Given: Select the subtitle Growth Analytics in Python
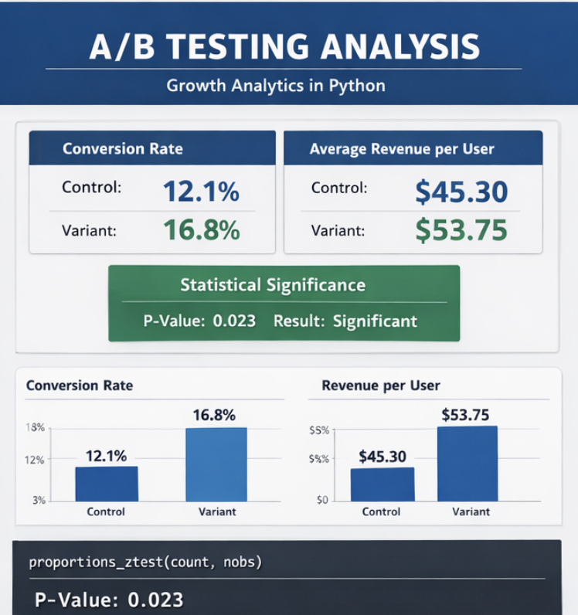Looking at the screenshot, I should click(x=276, y=85).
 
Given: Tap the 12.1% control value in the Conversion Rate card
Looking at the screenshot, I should click(x=201, y=191).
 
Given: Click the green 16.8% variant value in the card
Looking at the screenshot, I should click(x=201, y=230).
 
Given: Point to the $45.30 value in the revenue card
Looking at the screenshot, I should click(x=461, y=192).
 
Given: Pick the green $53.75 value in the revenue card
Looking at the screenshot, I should click(x=461, y=230).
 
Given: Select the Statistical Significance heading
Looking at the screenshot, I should click(x=272, y=285).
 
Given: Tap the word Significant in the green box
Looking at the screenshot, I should click(x=375, y=321).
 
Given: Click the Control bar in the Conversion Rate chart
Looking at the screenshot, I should click(x=107, y=484).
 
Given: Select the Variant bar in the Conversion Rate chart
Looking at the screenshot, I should click(x=216, y=464).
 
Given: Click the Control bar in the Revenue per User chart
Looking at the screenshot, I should click(x=382, y=484).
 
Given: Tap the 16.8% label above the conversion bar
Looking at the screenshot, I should click(x=214, y=416).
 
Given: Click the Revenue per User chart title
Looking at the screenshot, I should click(x=381, y=386).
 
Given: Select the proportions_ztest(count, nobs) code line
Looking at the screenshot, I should click(x=145, y=562).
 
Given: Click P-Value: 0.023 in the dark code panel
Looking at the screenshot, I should click(x=110, y=600).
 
